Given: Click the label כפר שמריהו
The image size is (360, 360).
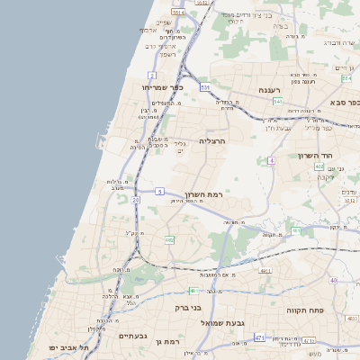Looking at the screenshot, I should point(162,87).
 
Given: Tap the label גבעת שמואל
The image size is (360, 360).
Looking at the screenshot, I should point(239,321).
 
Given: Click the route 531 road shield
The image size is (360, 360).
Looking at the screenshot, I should point(205,87).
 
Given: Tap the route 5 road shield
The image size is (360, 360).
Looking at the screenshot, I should point(159,192).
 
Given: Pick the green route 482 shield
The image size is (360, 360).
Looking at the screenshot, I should point(169,240).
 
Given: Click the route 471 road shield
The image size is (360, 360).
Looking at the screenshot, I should point(259,337).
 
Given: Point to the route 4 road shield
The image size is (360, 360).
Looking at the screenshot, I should point(271,160).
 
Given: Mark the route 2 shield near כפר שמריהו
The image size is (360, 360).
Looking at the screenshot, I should point(152,76).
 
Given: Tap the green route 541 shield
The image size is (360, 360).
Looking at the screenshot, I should point(278,102).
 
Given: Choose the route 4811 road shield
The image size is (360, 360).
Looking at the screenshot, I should point(265,270).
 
